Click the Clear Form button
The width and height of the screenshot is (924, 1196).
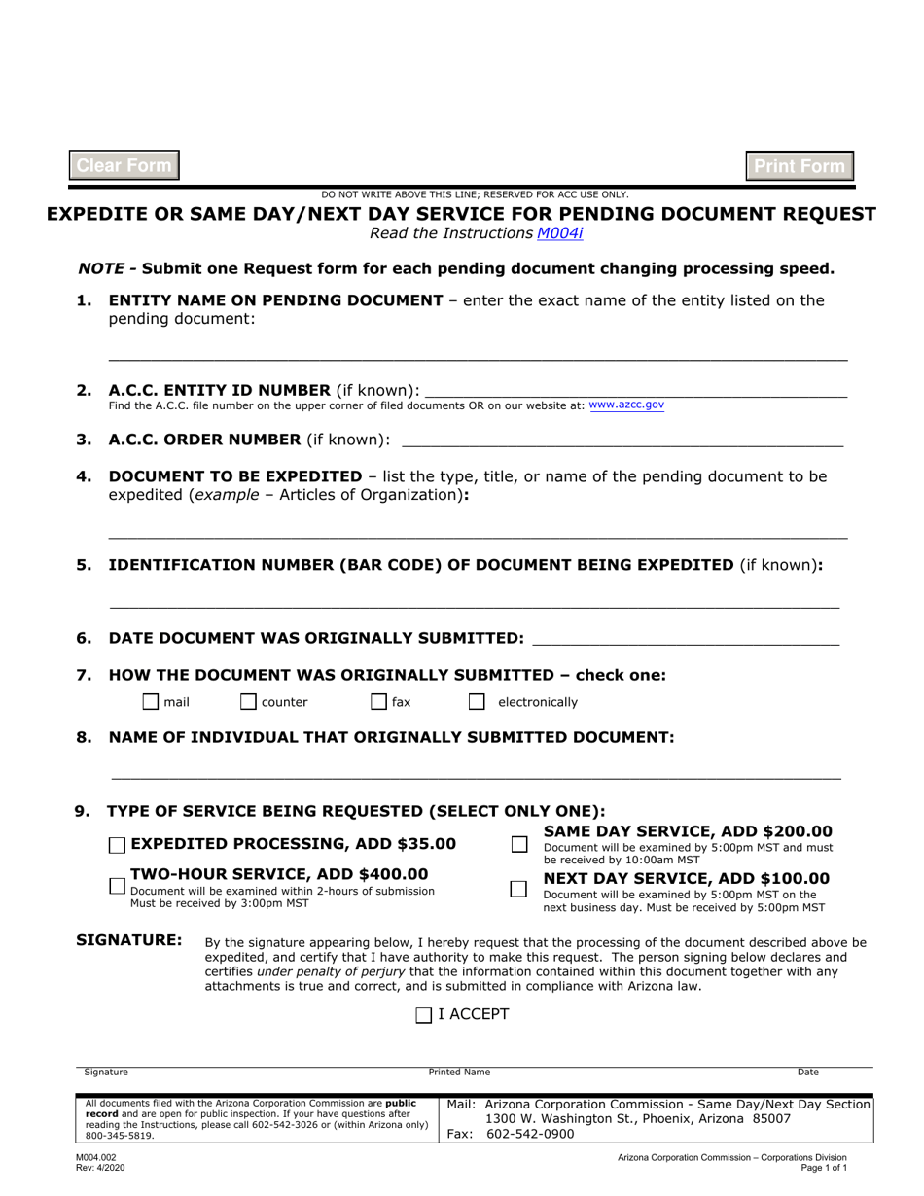(124, 165)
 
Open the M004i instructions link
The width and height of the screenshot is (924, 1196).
(560, 233)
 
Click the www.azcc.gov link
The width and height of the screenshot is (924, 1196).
(626, 405)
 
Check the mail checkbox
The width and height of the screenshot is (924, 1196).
(151, 702)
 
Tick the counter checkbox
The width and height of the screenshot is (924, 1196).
(248, 702)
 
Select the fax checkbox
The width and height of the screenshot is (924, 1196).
(379, 702)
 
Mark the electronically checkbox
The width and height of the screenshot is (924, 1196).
(477, 702)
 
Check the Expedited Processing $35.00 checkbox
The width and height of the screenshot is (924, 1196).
(117, 845)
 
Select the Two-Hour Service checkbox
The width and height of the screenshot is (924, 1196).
(117, 886)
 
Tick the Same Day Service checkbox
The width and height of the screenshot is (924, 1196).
(519, 845)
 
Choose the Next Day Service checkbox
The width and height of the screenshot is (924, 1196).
(519, 889)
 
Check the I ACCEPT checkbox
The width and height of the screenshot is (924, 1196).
(424, 1015)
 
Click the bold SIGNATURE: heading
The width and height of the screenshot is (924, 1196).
(129, 940)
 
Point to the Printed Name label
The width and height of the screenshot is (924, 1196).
(459, 1073)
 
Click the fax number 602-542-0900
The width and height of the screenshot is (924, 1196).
(530, 1134)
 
